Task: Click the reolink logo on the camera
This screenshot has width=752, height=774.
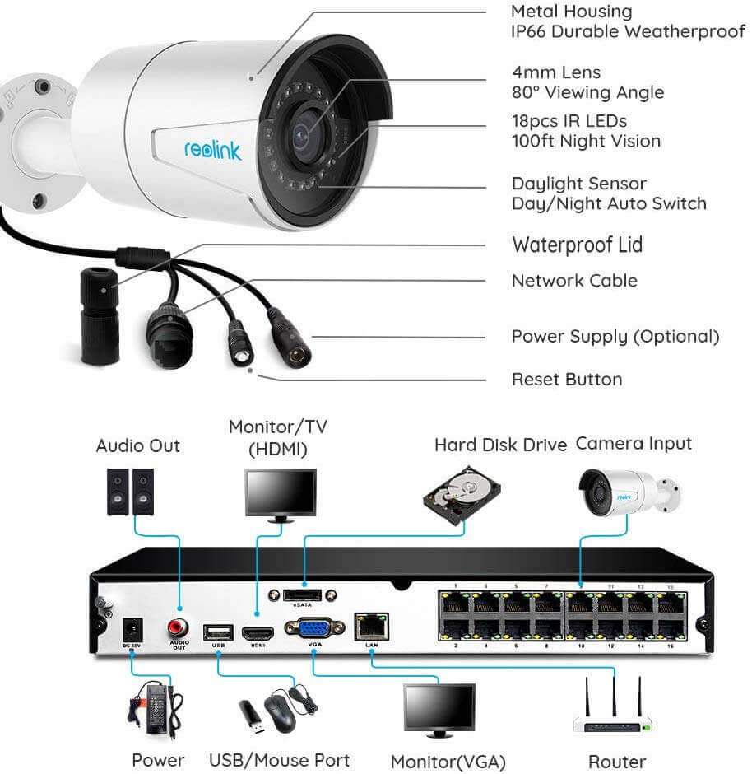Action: click(x=213, y=150)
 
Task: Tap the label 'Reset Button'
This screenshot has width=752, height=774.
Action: click(x=567, y=380)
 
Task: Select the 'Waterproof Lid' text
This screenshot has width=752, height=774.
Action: click(x=577, y=245)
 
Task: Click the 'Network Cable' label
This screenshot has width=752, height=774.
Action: click(x=574, y=281)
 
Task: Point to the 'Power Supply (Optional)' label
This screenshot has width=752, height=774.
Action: click(x=615, y=336)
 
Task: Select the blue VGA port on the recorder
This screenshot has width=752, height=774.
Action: click(x=313, y=630)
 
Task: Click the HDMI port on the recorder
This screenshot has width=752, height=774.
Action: click(x=258, y=634)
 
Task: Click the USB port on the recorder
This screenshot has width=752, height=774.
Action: click(x=218, y=632)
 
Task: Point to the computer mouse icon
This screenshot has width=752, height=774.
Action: click(x=280, y=709)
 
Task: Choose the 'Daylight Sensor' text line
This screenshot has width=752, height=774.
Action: click(x=578, y=184)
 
